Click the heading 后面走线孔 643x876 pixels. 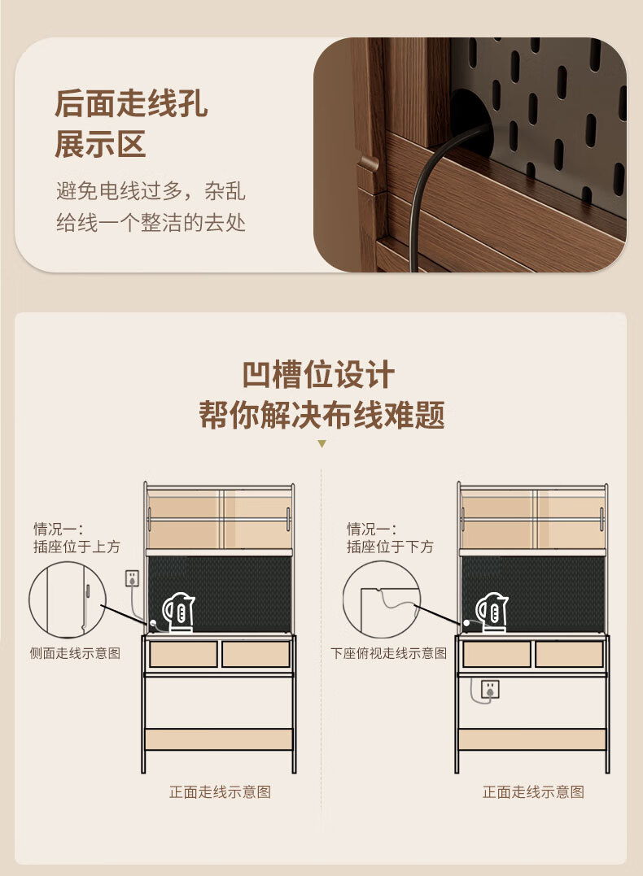click(131, 103)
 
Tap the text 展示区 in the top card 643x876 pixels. click(100, 144)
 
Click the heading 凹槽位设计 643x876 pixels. click(319, 375)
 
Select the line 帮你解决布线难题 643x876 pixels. click(322, 415)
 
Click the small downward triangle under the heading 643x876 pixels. click(321, 444)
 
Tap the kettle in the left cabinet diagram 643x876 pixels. click(178, 612)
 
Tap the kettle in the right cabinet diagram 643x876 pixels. click(492, 612)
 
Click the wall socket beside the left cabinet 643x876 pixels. click(132, 578)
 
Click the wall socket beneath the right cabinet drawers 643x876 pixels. click(490, 689)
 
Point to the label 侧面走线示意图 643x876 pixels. click(75, 653)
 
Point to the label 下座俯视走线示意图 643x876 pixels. click(388, 653)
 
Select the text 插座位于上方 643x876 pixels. click(77, 547)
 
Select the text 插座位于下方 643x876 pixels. click(390, 547)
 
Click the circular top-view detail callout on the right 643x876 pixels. click(343, 599)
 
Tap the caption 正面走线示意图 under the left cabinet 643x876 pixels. click(221, 791)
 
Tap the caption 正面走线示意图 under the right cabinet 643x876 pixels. click(533, 791)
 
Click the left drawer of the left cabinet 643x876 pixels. click(183, 654)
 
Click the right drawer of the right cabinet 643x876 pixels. click(569, 654)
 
